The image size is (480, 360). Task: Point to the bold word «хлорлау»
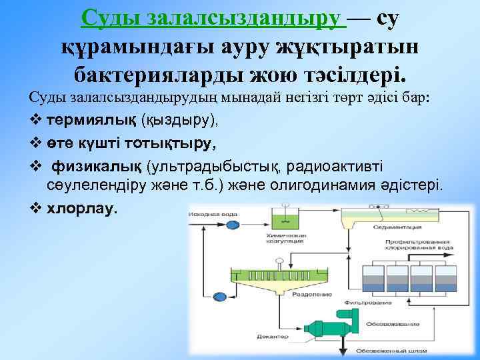click(x=82, y=209)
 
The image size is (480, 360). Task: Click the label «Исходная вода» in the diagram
click(x=211, y=214)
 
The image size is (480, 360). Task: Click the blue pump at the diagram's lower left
click(x=221, y=295)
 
